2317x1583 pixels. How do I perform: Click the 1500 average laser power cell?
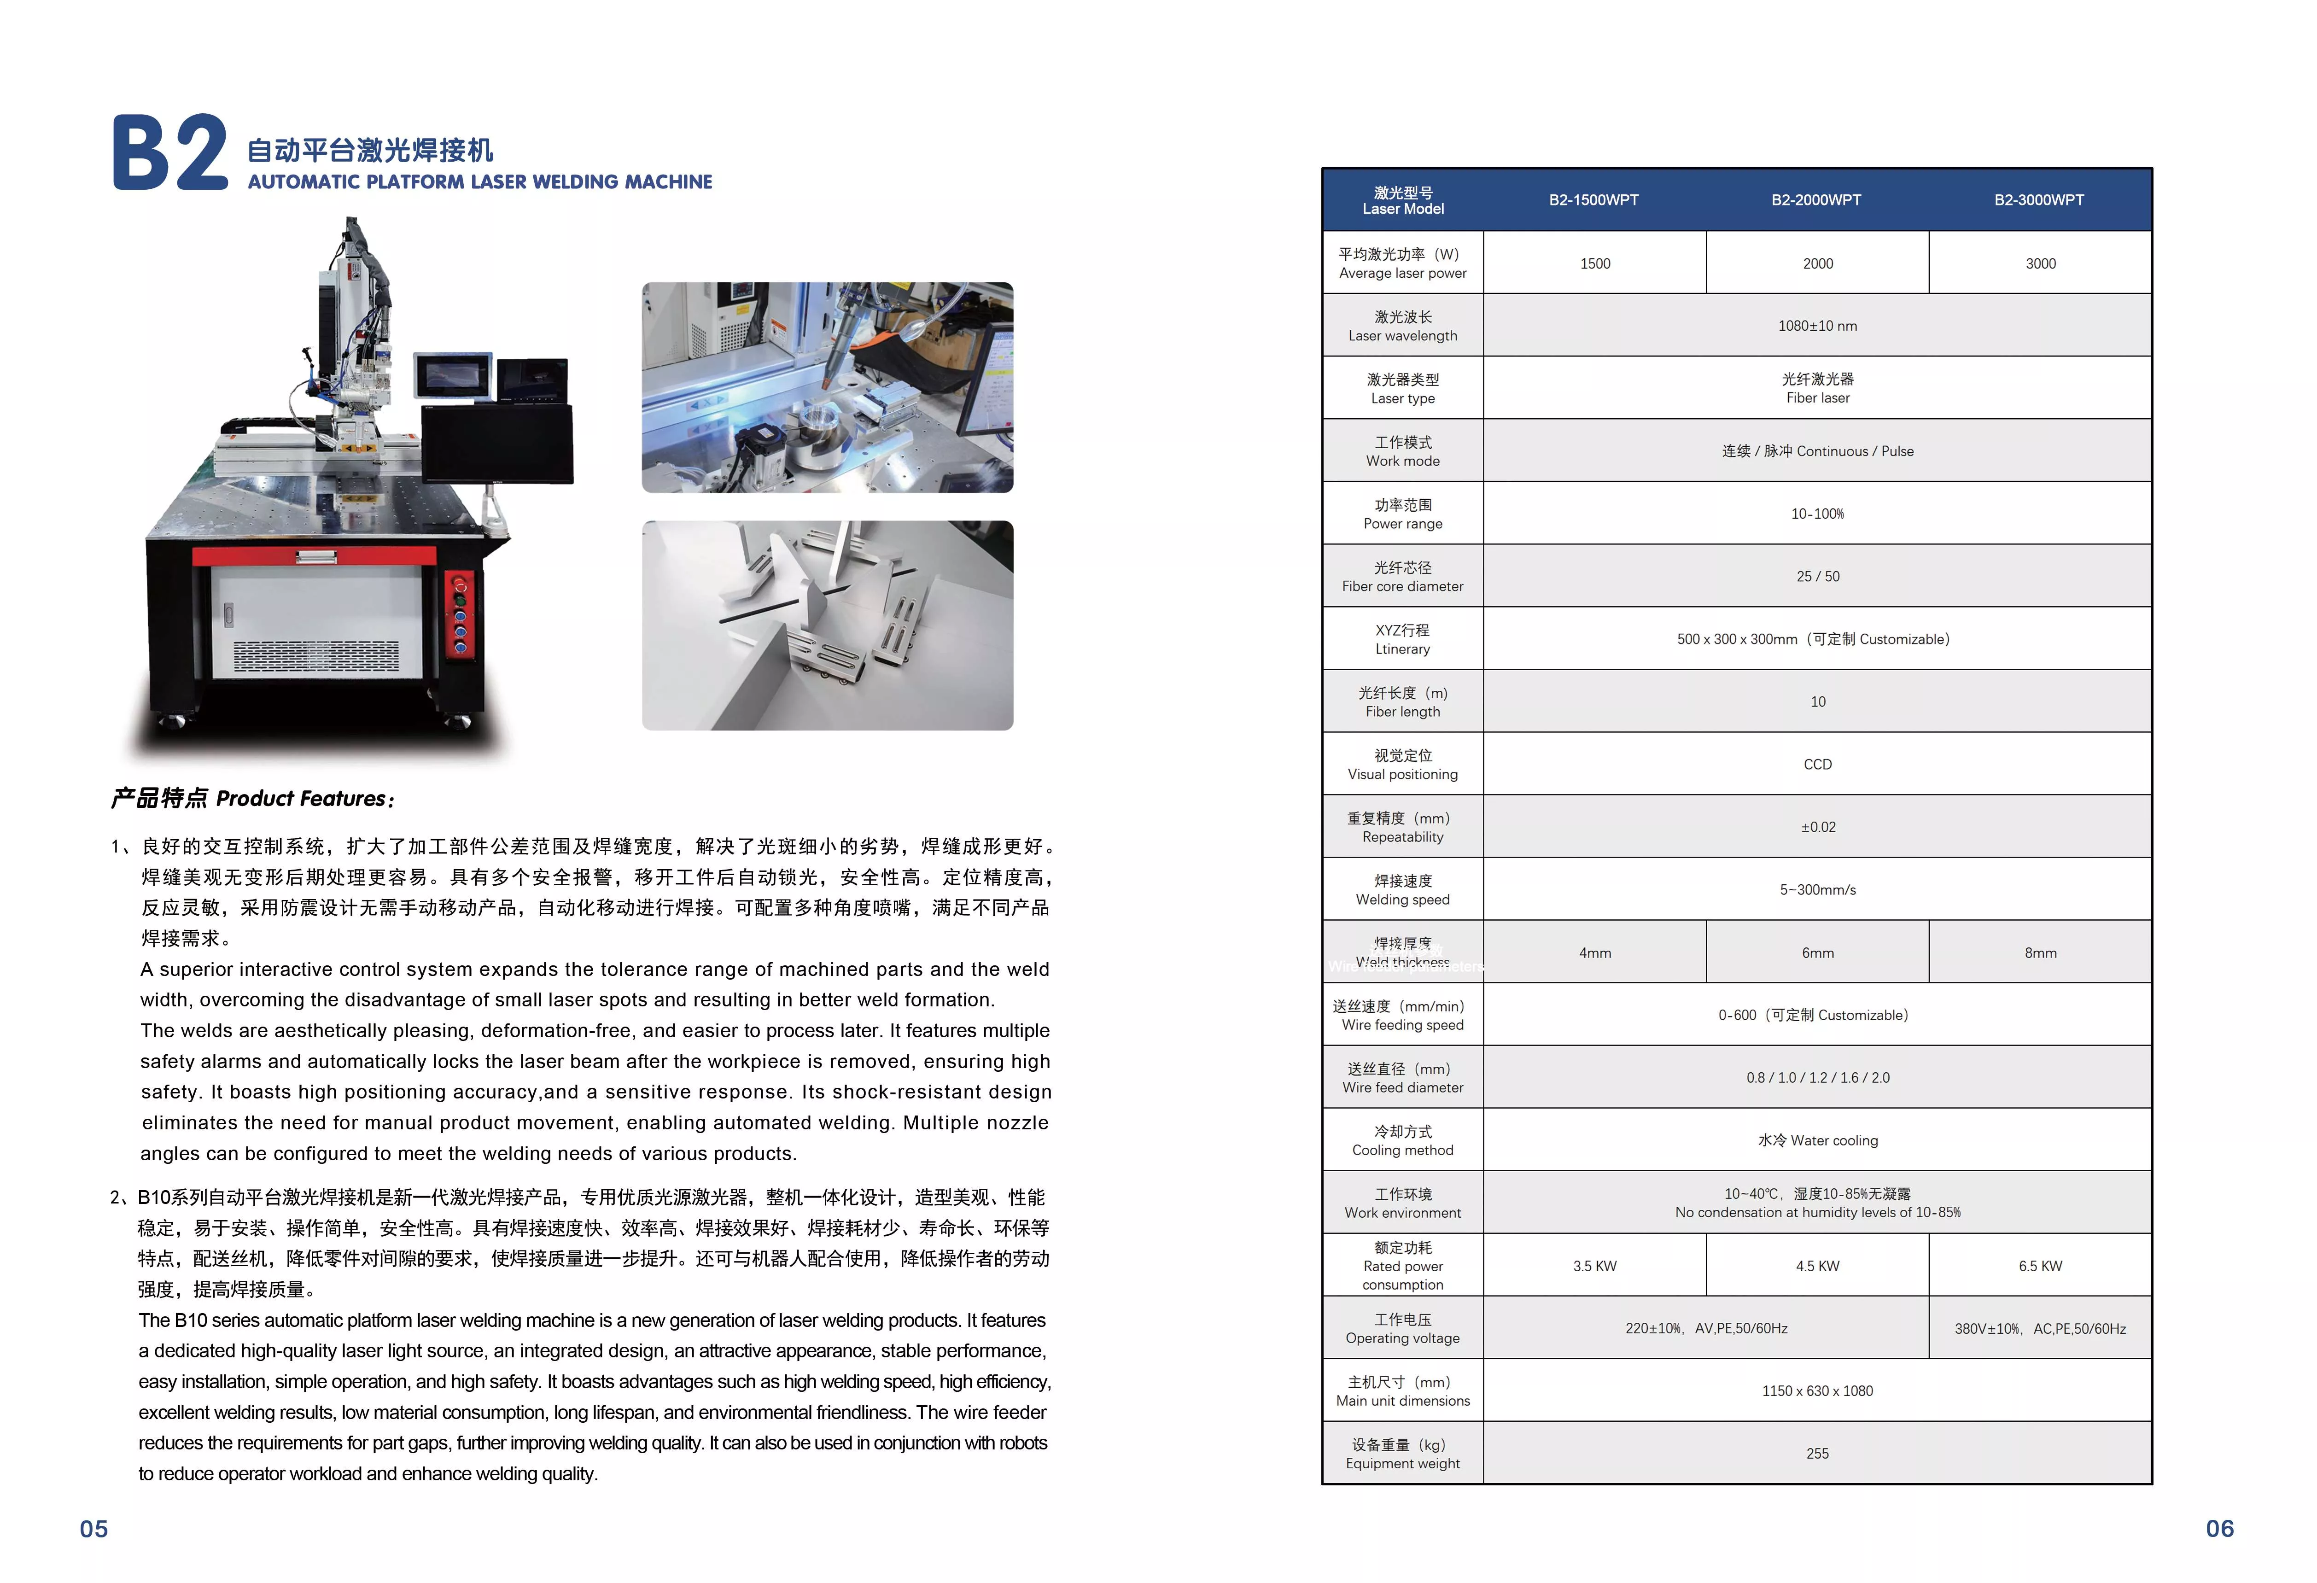(x=1594, y=263)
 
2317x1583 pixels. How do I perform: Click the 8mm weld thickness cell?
(x=2040, y=953)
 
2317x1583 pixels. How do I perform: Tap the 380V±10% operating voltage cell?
(x=2040, y=1329)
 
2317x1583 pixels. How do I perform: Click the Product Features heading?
(x=252, y=799)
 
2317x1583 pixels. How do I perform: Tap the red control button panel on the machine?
(x=460, y=615)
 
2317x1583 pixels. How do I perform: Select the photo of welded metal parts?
(x=828, y=625)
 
